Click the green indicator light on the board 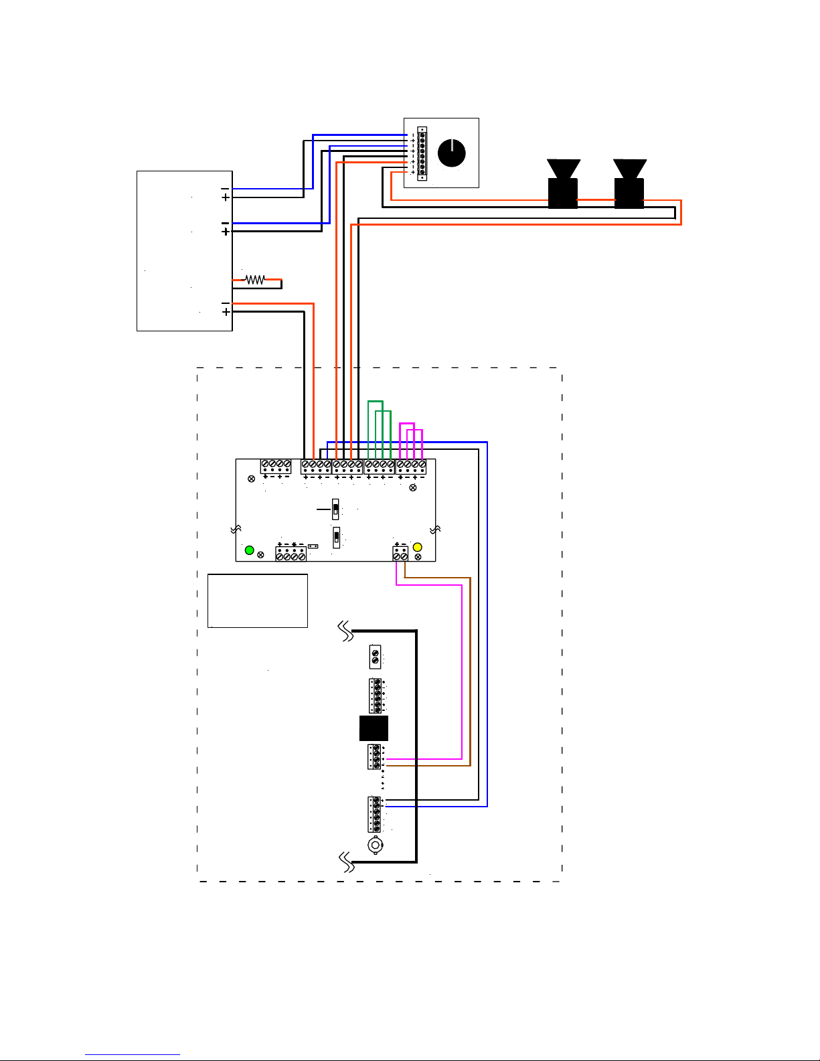click(x=250, y=550)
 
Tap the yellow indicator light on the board click(x=418, y=548)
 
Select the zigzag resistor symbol click(x=254, y=279)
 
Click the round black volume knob click(x=451, y=153)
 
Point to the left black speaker click(x=563, y=185)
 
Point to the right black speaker click(x=629, y=185)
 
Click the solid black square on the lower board click(x=374, y=728)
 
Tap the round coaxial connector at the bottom click(x=376, y=845)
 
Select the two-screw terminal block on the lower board click(x=375, y=657)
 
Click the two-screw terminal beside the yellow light click(x=400, y=554)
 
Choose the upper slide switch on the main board click(x=336, y=509)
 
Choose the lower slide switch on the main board click(x=337, y=537)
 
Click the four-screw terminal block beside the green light click(x=291, y=554)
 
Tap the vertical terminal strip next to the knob click(x=422, y=154)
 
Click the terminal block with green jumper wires click(x=379, y=466)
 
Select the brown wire click(x=470, y=669)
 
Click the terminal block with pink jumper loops click(x=411, y=466)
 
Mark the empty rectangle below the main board click(x=258, y=600)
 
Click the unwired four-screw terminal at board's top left click(x=276, y=466)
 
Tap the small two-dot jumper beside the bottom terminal click(x=313, y=546)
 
